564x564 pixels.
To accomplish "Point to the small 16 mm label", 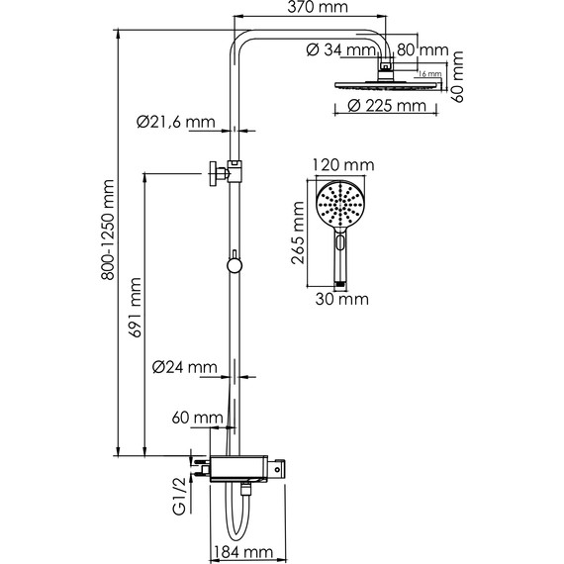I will pos(428,74).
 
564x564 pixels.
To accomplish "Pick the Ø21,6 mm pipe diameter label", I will pos(176,124).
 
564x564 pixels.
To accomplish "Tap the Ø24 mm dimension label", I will pos(185,368).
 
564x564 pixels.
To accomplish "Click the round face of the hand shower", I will pos(338,206).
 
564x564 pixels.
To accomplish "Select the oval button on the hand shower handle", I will pos(341,243).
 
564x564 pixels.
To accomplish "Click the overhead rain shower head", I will pos(386,86).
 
